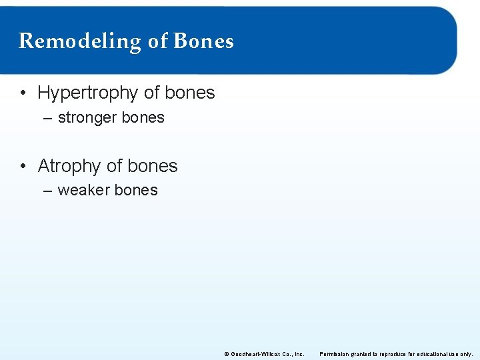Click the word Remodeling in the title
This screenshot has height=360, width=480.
(x=80, y=41)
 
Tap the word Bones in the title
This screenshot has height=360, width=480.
(x=203, y=41)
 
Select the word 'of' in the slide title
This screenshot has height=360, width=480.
(x=157, y=41)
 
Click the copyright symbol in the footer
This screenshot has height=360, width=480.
(x=227, y=354)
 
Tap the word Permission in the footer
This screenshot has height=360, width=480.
(x=334, y=354)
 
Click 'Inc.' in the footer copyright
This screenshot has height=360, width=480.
(x=299, y=354)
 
